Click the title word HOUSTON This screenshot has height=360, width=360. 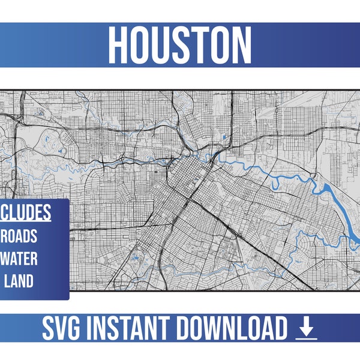pos(180,46)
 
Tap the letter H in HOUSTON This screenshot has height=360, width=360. pos(120,46)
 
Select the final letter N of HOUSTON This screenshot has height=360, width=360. pos(241,46)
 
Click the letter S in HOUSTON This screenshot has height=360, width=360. pos(181,46)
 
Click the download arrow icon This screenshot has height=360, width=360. pos(306,328)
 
